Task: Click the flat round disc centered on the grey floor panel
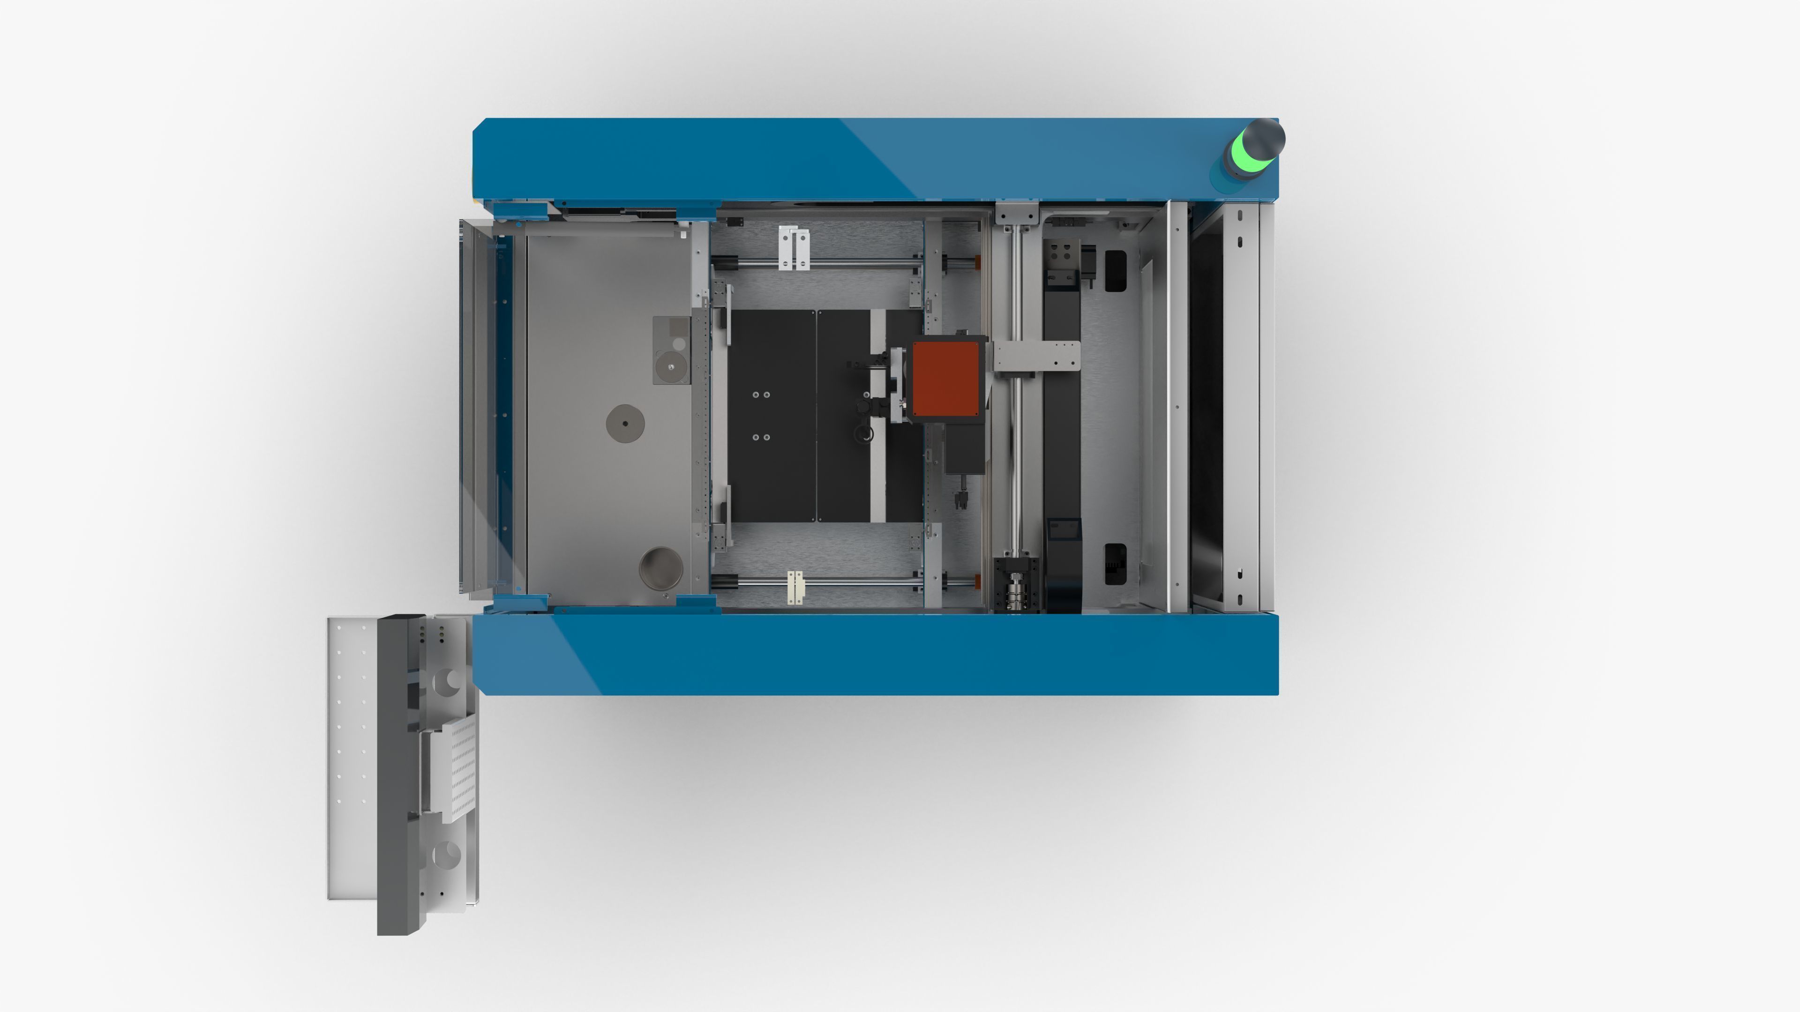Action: (x=625, y=423)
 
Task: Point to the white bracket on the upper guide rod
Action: (x=795, y=248)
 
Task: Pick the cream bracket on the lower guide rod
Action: (x=795, y=587)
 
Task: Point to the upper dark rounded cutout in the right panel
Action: (x=1115, y=271)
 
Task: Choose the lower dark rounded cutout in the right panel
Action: (x=1115, y=563)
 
